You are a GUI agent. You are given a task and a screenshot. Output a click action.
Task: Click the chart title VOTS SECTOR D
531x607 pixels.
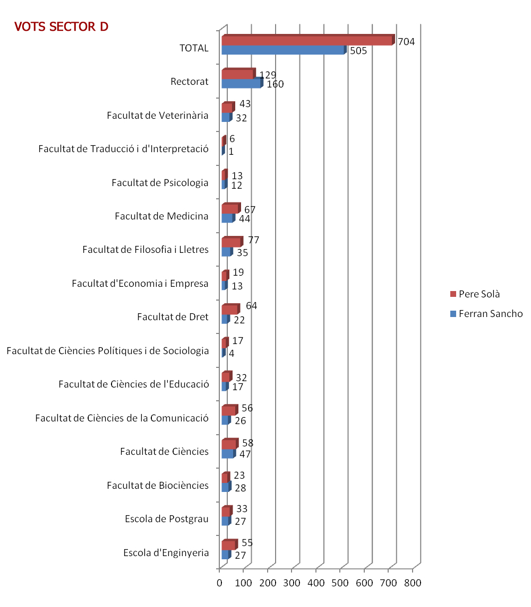(61, 27)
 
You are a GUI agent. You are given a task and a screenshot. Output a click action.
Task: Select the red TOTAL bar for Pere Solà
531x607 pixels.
(309, 40)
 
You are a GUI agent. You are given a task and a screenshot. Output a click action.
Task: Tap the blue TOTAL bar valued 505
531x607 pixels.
(284, 50)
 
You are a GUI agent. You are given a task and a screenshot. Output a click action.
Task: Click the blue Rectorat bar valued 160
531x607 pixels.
(243, 83)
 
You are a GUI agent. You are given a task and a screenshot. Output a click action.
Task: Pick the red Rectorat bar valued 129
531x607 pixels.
(238, 74)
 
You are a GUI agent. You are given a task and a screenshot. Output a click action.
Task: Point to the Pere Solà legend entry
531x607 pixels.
(475, 294)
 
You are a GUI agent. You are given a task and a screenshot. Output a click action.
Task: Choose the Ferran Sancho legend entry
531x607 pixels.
(486, 313)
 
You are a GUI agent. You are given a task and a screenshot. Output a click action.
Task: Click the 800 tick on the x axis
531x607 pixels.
(413, 583)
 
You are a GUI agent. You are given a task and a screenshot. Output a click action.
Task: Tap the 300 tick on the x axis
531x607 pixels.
(292, 583)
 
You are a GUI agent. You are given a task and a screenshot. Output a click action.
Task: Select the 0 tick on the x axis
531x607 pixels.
(219, 583)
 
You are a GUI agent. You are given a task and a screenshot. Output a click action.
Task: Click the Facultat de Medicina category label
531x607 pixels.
(162, 216)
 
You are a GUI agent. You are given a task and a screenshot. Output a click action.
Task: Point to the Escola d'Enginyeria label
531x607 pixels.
(166, 553)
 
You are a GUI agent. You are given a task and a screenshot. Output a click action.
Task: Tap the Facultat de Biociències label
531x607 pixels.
(158, 486)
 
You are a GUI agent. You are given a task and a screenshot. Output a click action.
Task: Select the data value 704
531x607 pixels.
(407, 41)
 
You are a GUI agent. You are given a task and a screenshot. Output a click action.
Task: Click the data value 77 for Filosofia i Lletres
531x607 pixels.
(254, 240)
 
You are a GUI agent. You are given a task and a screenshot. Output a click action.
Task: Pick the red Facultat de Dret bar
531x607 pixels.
(231, 309)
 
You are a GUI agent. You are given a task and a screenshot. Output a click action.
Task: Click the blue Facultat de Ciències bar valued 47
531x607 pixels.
(229, 453)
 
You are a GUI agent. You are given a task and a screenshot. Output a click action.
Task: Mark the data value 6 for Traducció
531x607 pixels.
(232, 138)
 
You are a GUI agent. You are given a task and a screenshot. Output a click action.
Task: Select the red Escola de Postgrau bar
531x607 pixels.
(227, 511)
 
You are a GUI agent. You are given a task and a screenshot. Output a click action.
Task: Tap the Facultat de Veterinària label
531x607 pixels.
(158, 116)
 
